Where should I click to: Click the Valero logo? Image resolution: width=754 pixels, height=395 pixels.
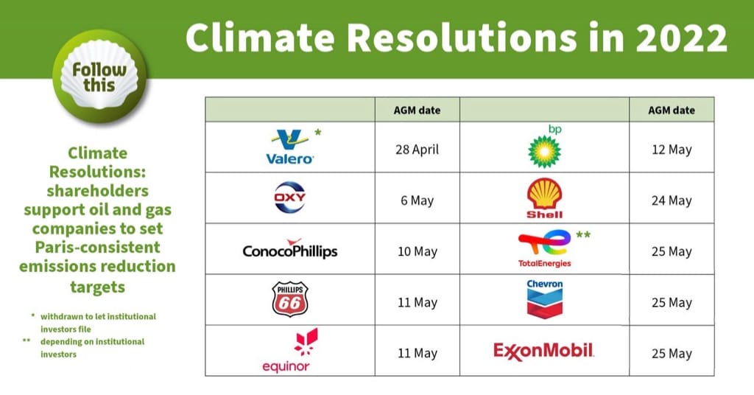tap(290, 147)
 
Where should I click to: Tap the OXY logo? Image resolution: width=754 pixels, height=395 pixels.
tap(290, 197)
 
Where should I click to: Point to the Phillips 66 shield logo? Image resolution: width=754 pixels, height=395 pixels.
tap(290, 299)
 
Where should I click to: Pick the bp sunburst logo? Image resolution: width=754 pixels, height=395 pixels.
tap(545, 147)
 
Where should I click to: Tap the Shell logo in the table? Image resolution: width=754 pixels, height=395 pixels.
tap(544, 198)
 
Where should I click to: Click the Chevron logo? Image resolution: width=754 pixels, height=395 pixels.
tap(545, 299)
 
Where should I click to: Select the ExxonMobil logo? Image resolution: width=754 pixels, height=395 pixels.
tap(544, 351)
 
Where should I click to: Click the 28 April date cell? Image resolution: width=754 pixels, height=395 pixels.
tap(417, 150)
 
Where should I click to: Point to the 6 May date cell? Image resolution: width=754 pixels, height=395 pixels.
tap(417, 200)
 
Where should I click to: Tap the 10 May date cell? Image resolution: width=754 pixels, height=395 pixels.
tap(417, 251)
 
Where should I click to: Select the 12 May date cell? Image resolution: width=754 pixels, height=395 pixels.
tap(672, 150)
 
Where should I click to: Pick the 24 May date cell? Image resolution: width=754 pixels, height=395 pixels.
tap(672, 200)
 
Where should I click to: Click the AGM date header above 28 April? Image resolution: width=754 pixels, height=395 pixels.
tap(417, 111)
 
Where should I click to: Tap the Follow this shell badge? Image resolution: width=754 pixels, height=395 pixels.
tap(100, 77)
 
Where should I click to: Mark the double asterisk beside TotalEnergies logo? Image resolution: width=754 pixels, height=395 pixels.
tap(583, 235)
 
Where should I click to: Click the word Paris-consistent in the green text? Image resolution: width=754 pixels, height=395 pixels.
tap(98, 248)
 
